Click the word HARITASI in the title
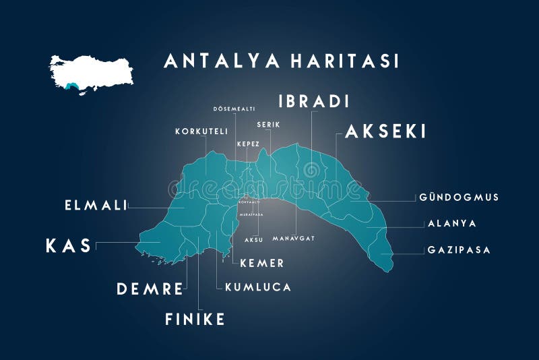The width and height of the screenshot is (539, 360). point(345,61)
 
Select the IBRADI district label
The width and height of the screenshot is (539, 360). point(313,102)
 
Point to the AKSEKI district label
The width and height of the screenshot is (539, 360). point(385,132)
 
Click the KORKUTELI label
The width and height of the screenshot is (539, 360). point(201,131)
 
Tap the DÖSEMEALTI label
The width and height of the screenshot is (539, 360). point(233,109)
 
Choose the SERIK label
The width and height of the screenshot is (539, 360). point(268,125)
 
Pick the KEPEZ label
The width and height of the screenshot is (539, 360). point(248,144)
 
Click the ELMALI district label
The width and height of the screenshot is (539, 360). point(96,205)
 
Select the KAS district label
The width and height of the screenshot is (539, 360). point(68,246)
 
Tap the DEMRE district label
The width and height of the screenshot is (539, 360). point(150,289)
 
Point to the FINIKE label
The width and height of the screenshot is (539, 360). point(195,319)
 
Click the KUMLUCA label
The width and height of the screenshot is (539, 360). point(258,287)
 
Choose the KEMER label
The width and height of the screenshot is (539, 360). point(262,263)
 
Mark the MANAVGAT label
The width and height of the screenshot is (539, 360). point(294,239)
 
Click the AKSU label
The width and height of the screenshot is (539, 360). point(253,239)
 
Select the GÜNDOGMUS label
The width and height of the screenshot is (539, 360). point(459,198)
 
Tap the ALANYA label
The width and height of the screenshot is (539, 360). point(452,223)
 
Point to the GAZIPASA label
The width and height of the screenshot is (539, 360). point(459,250)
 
